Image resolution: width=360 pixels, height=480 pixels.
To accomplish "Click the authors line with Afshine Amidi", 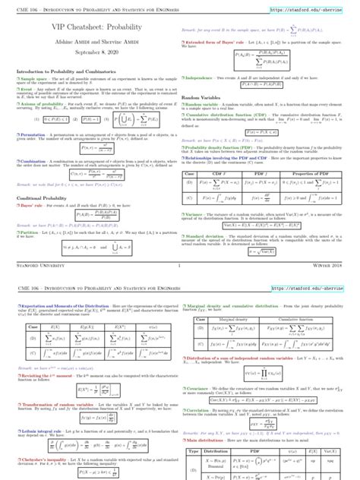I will point(90,40).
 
